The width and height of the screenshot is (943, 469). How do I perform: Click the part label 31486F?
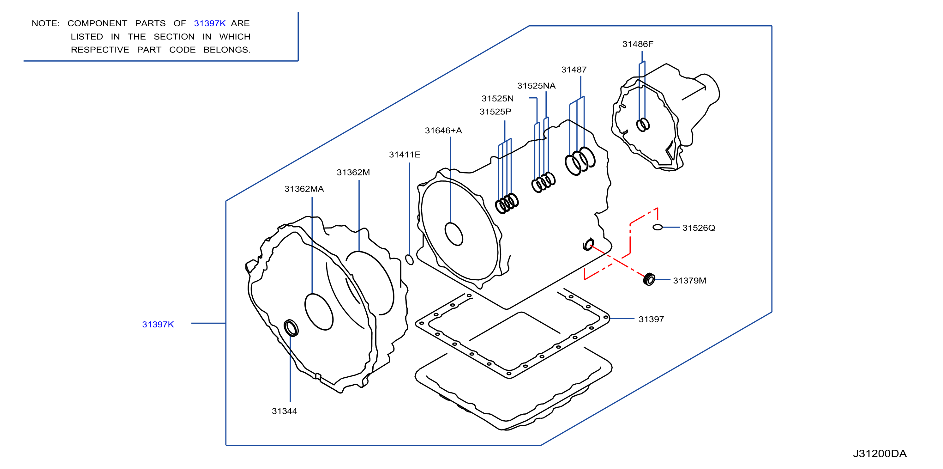638,44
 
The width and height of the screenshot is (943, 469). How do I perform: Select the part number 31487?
574,70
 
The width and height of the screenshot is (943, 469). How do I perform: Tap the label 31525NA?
536,86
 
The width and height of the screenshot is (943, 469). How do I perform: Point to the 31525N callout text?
497,99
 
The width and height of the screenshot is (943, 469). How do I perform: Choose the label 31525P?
495,112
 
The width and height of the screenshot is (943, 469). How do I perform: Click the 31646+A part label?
443,131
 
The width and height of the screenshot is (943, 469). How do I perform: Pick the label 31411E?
405,155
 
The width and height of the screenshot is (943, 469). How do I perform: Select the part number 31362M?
353,172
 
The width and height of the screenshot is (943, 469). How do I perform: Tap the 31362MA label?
304,189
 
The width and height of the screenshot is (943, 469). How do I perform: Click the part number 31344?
285,411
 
